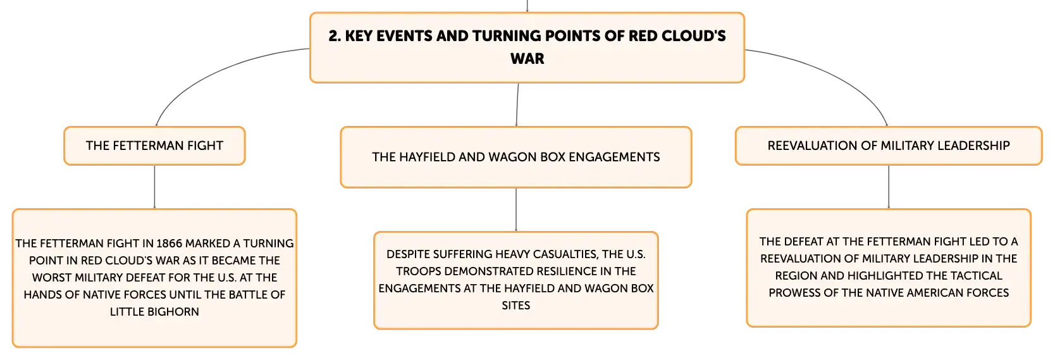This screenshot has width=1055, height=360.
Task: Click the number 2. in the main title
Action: pos(335,36)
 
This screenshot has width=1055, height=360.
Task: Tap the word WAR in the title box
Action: pos(527,58)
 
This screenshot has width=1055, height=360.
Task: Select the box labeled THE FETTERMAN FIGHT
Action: pos(154,146)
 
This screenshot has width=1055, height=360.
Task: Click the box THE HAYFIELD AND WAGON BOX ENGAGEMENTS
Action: pos(515,157)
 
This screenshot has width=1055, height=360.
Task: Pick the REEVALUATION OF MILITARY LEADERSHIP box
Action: pos(888,146)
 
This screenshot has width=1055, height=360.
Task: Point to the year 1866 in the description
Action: pos(169,243)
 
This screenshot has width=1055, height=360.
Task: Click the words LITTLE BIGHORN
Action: pos(154,311)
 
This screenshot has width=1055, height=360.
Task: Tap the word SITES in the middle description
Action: pos(515,306)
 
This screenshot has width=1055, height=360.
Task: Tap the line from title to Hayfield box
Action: pos(517,104)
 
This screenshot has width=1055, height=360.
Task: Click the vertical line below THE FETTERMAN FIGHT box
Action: pos(154,187)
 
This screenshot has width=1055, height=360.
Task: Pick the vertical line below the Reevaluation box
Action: pos(889,187)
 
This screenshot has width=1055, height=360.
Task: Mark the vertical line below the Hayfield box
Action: pos(515,209)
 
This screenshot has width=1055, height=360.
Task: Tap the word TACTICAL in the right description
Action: pos(976,276)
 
